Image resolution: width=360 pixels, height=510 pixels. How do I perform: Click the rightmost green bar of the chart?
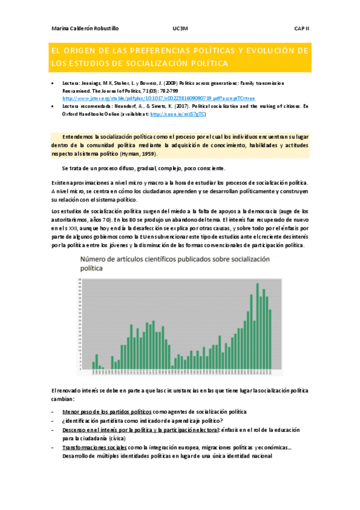click(270, 339)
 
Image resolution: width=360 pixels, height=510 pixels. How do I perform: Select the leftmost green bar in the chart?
click(93, 364)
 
